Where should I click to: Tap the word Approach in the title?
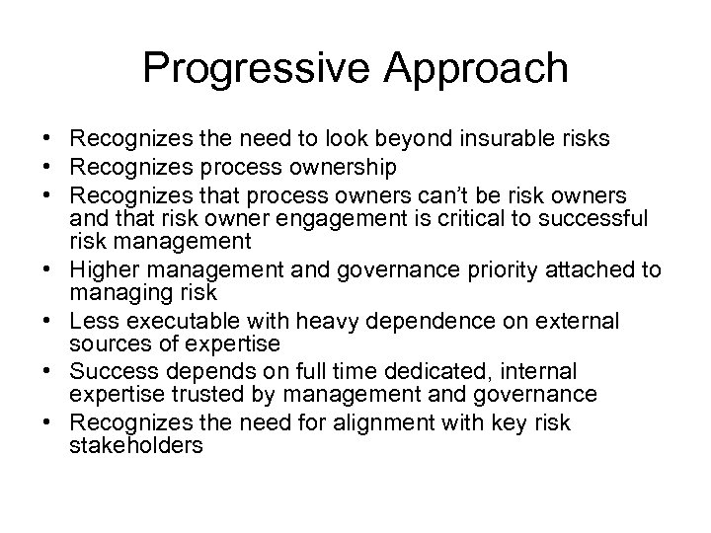pos(472,68)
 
